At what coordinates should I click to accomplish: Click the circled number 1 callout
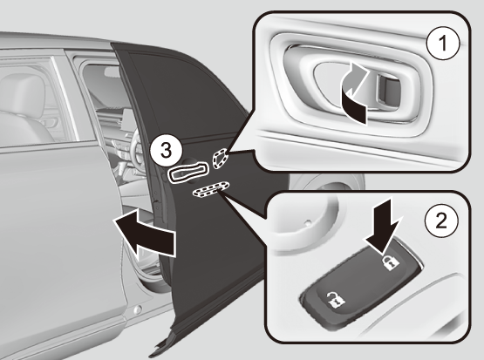coord(443,44)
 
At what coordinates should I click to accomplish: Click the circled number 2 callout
coord(441,221)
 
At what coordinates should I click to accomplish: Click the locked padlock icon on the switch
coord(391,262)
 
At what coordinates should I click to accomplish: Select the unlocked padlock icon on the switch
coord(335,301)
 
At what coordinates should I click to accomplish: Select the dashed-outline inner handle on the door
coord(220,158)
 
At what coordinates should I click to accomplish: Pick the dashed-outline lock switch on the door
coord(211,189)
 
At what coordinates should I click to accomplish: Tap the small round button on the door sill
coord(137,309)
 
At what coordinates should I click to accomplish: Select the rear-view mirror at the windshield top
coord(111,71)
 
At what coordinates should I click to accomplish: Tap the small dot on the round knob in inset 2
coord(307,221)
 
